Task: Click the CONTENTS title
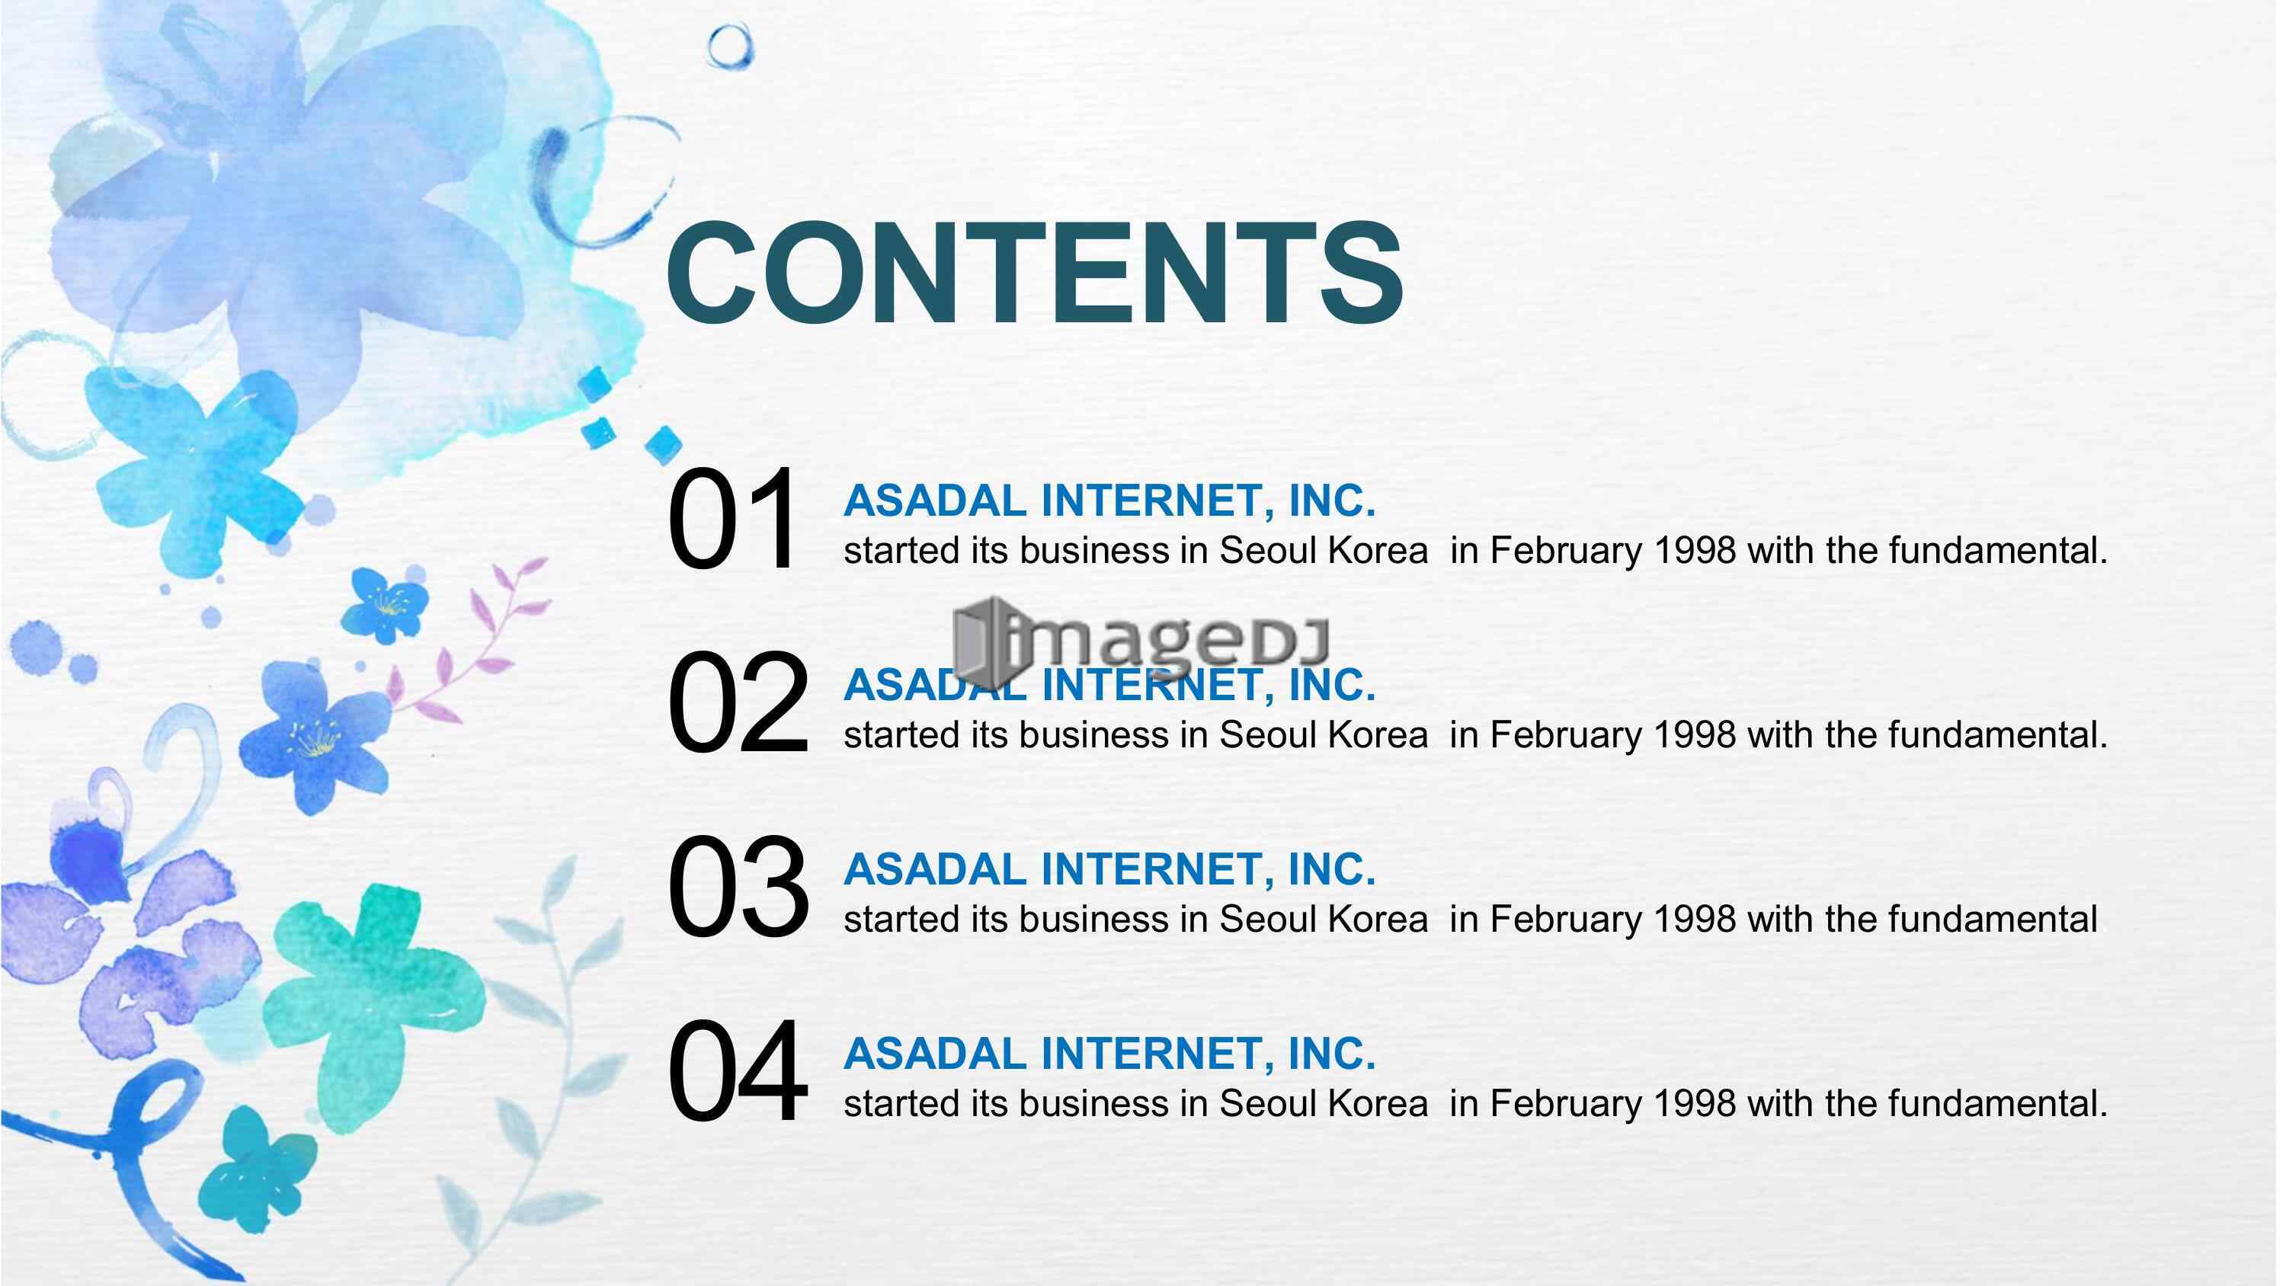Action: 1035,274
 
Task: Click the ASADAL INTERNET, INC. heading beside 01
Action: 1110,501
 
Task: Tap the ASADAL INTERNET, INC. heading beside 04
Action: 1110,1054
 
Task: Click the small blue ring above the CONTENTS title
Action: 729,46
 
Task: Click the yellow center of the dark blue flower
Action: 315,738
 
